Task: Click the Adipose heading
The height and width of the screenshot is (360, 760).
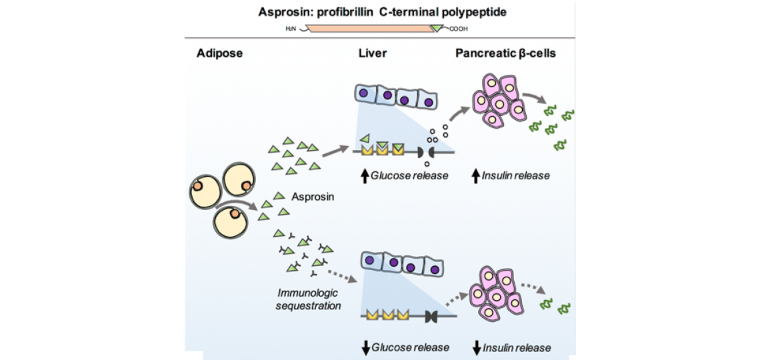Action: click(219, 53)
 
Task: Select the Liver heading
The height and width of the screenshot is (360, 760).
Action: click(372, 53)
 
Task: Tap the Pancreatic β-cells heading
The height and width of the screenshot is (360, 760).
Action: click(505, 53)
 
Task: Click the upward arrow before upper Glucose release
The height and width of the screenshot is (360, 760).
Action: click(364, 176)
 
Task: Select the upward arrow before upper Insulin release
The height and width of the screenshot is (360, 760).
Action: click(475, 176)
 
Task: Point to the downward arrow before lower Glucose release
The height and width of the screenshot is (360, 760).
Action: click(364, 347)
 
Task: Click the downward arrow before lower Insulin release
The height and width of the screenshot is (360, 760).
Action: click(476, 347)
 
